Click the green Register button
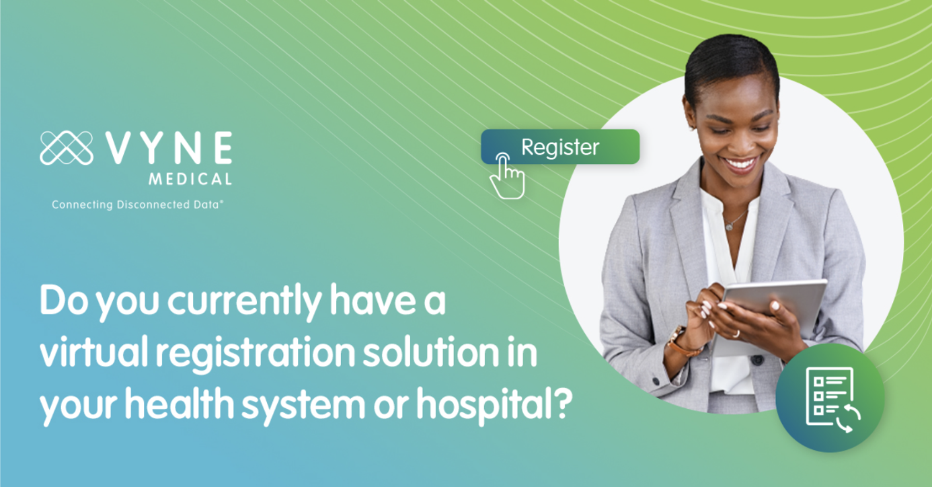pos(559,147)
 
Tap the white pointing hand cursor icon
pos(506,178)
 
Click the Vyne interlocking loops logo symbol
pos(66,148)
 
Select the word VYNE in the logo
pos(168,148)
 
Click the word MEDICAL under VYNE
pos(191,180)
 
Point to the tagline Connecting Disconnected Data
pos(137,204)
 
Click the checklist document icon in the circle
pos(830,399)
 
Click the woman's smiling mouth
pos(740,163)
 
